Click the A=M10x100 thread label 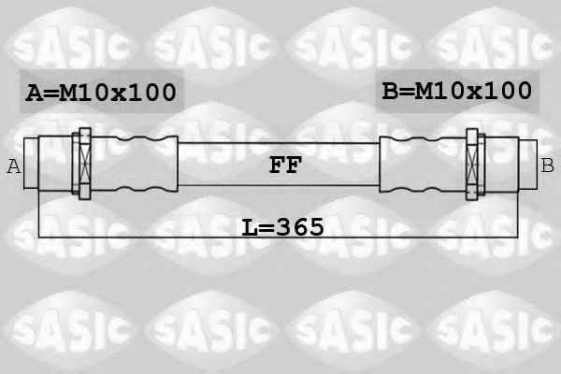pyautogui.click(x=101, y=93)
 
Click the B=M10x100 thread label pyautogui.click(x=456, y=91)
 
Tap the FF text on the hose pyautogui.click(x=285, y=165)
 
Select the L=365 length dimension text pyautogui.click(x=282, y=227)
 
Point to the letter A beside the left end pyautogui.click(x=14, y=166)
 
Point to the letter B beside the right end pyautogui.click(x=547, y=165)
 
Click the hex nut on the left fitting pyautogui.click(x=84, y=164)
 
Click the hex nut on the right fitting pyautogui.click(x=472, y=165)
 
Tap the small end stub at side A pyautogui.click(x=31, y=164)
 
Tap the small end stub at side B pyautogui.click(x=527, y=165)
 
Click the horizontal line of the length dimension pyautogui.click(x=278, y=237)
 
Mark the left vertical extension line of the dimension pyautogui.click(x=38, y=214)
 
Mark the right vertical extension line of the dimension pyautogui.click(x=518, y=215)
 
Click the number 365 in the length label pyautogui.click(x=300, y=227)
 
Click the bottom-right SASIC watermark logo pyautogui.click(x=494, y=327)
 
